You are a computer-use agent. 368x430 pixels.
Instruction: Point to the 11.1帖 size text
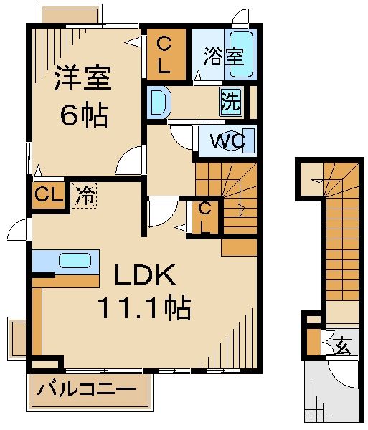pyautogui.click(x=144, y=308)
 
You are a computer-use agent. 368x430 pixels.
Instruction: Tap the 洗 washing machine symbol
pyautogui.click(x=230, y=101)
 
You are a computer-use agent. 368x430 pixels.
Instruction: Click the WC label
pyautogui.click(x=228, y=141)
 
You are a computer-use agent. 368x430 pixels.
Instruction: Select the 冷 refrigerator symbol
pyautogui.click(x=85, y=195)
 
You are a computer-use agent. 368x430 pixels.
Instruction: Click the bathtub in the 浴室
pyautogui.click(x=240, y=54)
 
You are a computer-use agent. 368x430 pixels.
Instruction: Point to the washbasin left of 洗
pyautogui.click(x=157, y=100)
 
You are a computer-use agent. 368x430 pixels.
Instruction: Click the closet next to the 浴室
pyautogui.click(x=164, y=54)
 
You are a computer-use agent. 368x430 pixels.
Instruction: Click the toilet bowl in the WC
pyautogui.click(x=202, y=140)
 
